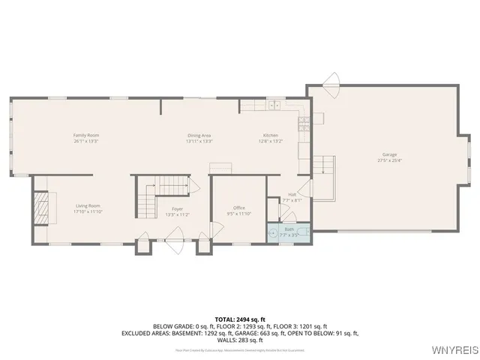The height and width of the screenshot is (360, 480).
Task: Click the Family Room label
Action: coord(86,135)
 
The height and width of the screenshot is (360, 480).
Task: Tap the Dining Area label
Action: coord(199,135)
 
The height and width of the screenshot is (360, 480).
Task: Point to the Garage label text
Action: coord(389,154)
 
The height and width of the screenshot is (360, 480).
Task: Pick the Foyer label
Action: coord(177,208)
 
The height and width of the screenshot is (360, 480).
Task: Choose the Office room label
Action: coord(239,208)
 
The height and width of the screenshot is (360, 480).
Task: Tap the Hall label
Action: coord(292,194)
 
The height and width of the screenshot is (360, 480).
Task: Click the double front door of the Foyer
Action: coord(174,241)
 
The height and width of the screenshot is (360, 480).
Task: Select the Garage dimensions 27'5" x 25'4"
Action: coord(389,160)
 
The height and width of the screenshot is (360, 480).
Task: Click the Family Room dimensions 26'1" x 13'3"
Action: coord(86,141)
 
